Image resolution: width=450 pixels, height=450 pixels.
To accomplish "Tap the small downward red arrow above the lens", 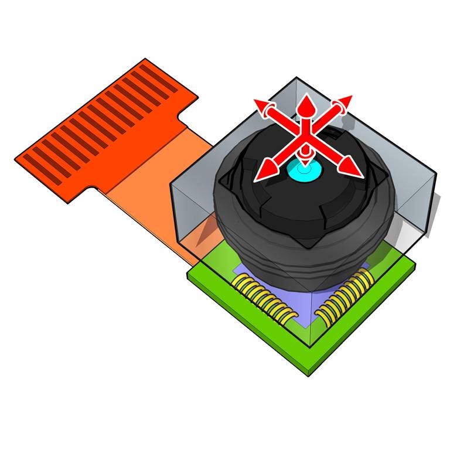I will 305,154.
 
